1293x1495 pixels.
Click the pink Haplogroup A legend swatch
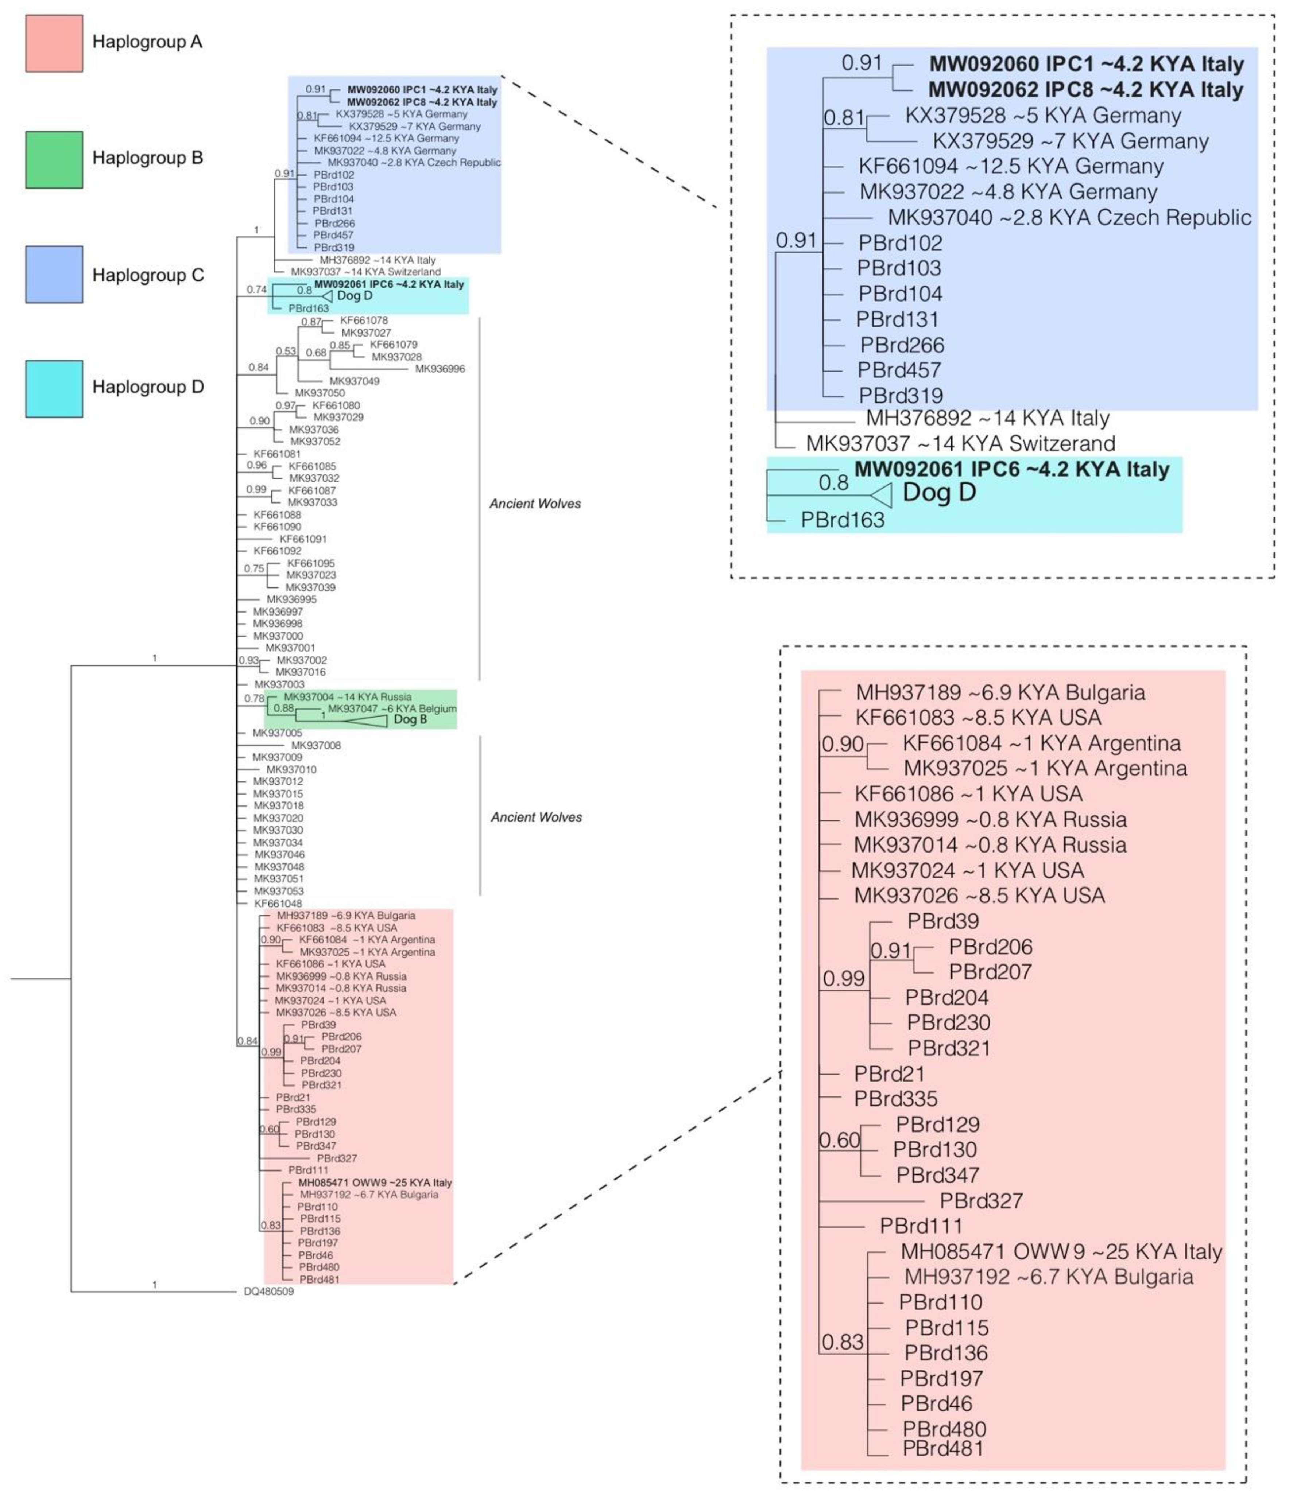[x=54, y=43]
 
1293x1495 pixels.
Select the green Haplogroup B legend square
[x=54, y=159]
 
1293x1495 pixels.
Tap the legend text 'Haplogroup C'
[x=148, y=275]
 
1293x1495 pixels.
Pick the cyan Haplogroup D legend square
[x=54, y=389]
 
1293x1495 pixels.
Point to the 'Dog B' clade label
[x=410, y=719]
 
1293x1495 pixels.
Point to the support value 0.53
[x=286, y=352]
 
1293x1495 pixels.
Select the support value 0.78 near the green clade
[x=254, y=698]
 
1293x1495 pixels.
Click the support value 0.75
[x=254, y=568]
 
